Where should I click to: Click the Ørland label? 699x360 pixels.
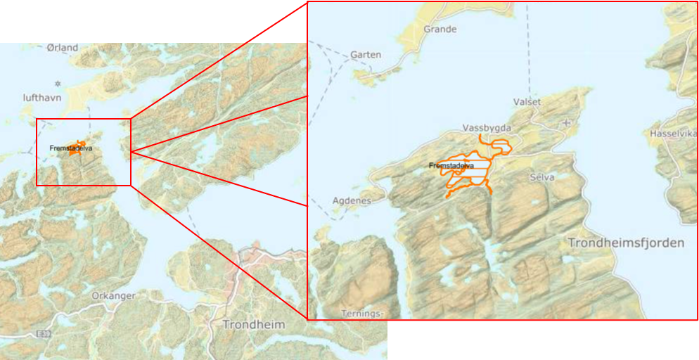[x=63, y=48]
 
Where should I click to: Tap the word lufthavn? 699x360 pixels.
[x=42, y=98]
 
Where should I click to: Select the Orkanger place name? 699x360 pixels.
[x=113, y=296]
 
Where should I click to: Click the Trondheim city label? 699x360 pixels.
[x=253, y=325]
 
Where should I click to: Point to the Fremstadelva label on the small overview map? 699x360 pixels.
[x=70, y=148]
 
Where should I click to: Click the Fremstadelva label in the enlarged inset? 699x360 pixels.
[x=451, y=166]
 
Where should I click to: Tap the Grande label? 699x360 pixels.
[x=440, y=30]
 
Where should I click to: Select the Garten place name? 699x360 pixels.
[x=366, y=55]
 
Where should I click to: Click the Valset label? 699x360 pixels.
[x=527, y=102]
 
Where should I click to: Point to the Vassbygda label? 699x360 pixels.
[x=487, y=128]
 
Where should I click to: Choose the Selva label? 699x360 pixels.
[x=542, y=178]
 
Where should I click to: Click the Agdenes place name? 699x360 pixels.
[x=351, y=200]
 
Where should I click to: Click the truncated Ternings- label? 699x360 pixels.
[x=362, y=314]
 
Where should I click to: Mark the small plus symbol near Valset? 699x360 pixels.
[x=567, y=122]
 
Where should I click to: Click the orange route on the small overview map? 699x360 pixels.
[x=78, y=146]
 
